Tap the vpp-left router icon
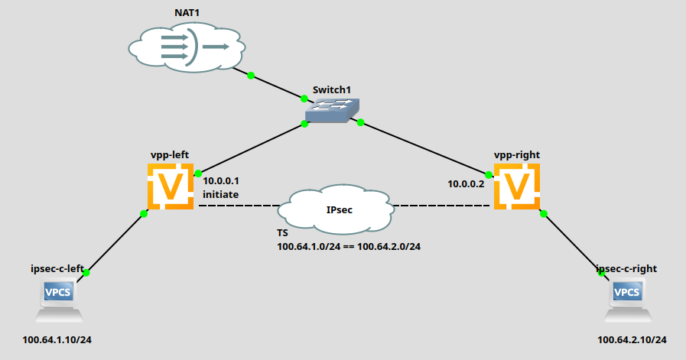pos(171,185)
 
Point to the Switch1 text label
pos(331,89)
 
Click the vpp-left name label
pos(170,154)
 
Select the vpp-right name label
pos(516,154)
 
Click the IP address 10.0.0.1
pos(221,181)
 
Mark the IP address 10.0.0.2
pos(466,184)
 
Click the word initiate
pos(220,195)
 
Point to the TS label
pos(282,232)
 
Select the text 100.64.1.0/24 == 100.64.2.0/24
pos(350,246)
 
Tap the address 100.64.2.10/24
pos(632,339)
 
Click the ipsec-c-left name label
pos(57,268)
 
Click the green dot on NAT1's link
pos(250,74)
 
